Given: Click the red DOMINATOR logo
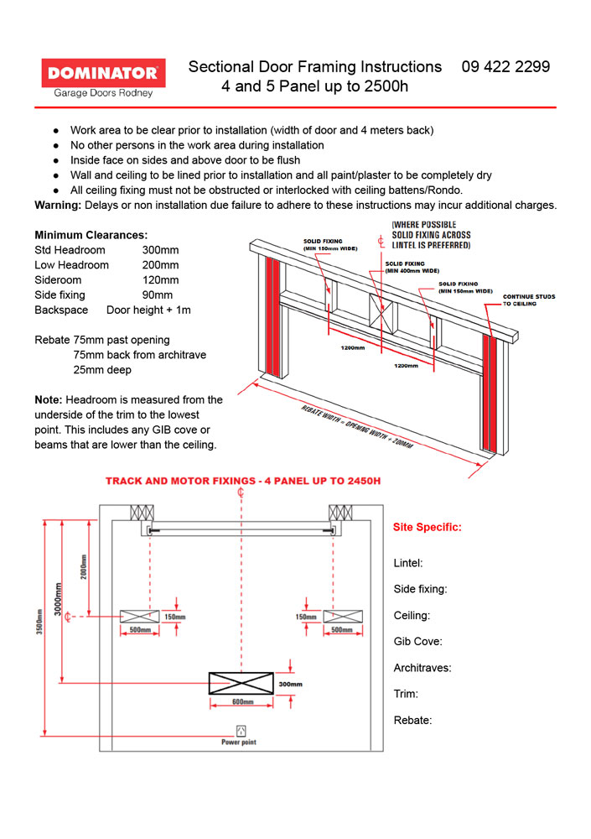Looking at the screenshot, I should click(103, 71).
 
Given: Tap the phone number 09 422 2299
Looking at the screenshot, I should click(505, 66).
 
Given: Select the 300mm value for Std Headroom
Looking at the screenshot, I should click(160, 250).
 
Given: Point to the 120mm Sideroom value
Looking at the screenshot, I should click(160, 280).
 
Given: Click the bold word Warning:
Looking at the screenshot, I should click(57, 206).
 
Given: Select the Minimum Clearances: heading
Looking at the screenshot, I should click(91, 235).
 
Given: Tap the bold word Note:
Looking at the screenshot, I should click(48, 399).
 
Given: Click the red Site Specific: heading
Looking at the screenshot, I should click(427, 528).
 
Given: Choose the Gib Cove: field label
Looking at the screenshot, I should click(417, 642).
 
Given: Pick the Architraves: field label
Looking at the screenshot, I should click(423, 668).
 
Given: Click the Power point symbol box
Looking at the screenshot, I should click(241, 729).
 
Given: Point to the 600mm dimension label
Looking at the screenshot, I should click(241, 701).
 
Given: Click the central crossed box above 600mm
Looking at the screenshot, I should click(241, 683).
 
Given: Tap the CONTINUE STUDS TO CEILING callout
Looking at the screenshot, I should click(528, 300).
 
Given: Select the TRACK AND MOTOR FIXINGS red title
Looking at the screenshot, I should click(242, 482).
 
